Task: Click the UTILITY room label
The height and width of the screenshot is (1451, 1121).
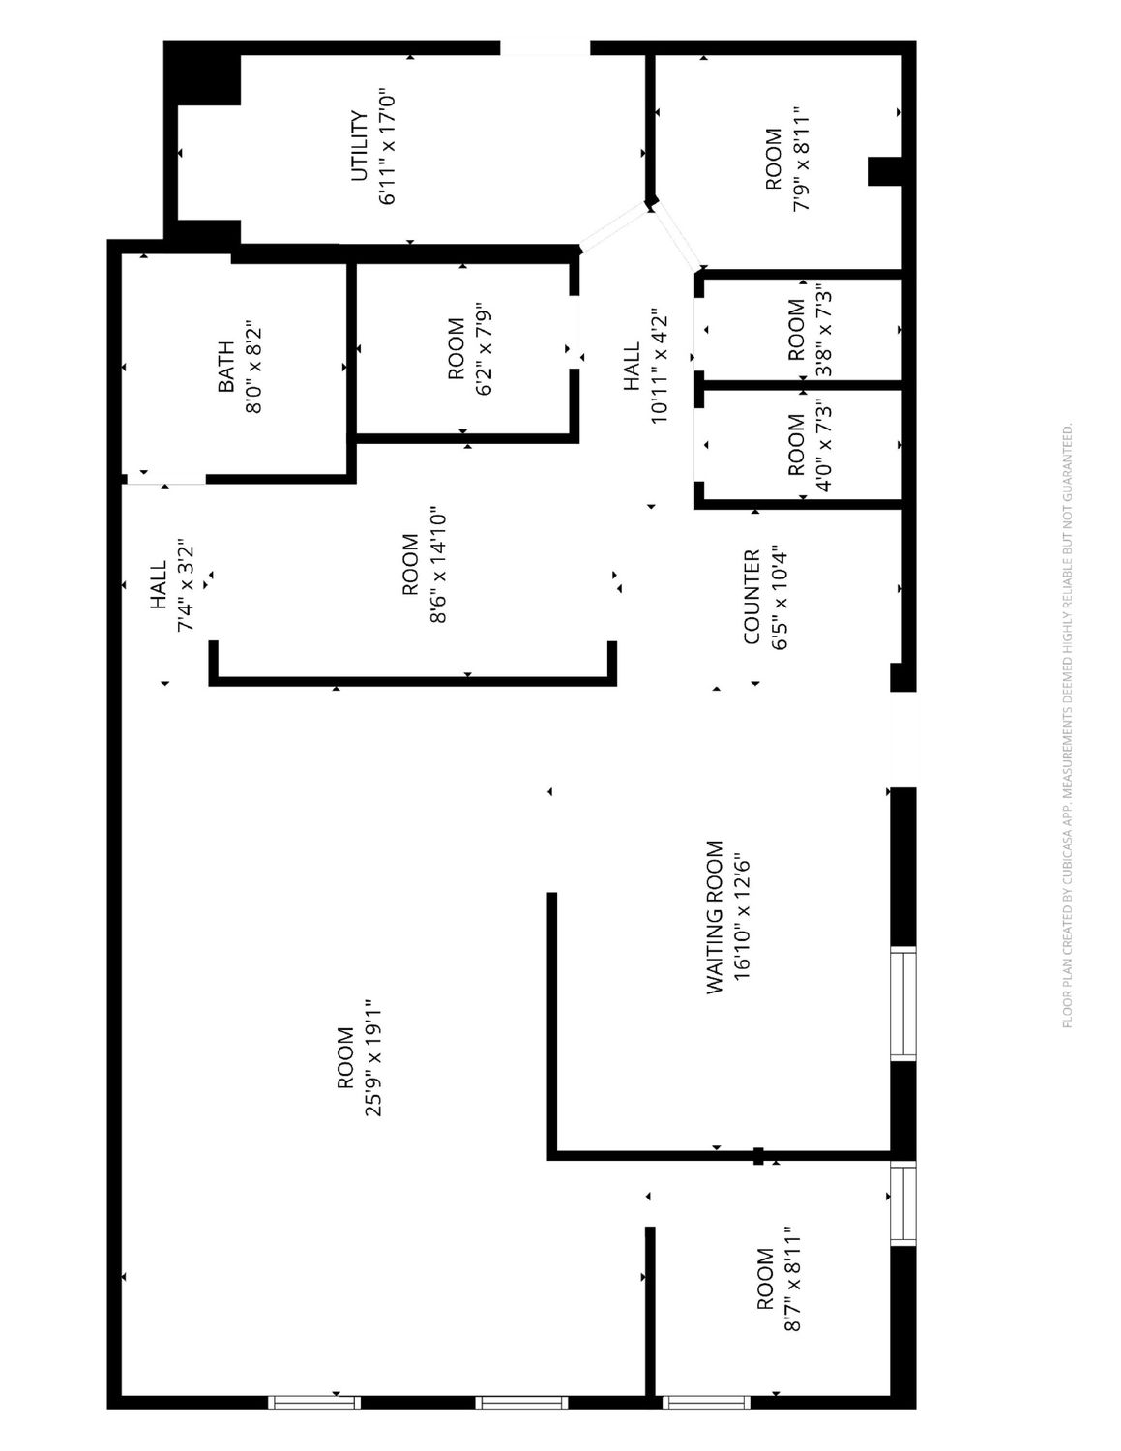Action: tap(359, 146)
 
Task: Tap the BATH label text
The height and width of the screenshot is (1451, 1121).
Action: tap(226, 367)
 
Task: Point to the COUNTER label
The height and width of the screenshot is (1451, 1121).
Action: tap(752, 597)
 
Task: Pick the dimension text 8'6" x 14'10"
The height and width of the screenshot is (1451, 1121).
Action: tap(438, 567)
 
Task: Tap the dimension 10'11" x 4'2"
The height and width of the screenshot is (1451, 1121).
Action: tap(659, 366)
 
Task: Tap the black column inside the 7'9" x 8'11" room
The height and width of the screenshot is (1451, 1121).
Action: tap(885, 171)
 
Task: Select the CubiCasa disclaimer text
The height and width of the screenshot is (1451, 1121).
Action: tap(1067, 725)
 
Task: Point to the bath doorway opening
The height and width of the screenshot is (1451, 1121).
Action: tap(164, 479)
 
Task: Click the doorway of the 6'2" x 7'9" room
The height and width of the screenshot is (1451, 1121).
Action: tap(575, 331)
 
